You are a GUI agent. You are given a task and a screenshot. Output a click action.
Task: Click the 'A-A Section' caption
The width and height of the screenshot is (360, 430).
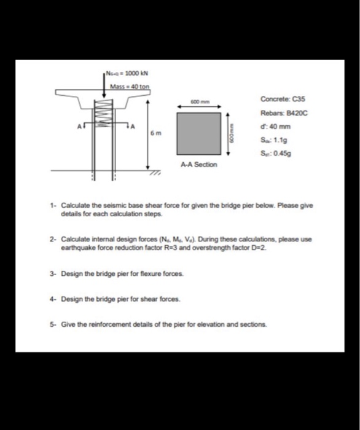197,165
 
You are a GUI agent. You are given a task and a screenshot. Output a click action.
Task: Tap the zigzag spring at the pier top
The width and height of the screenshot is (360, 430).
103,114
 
